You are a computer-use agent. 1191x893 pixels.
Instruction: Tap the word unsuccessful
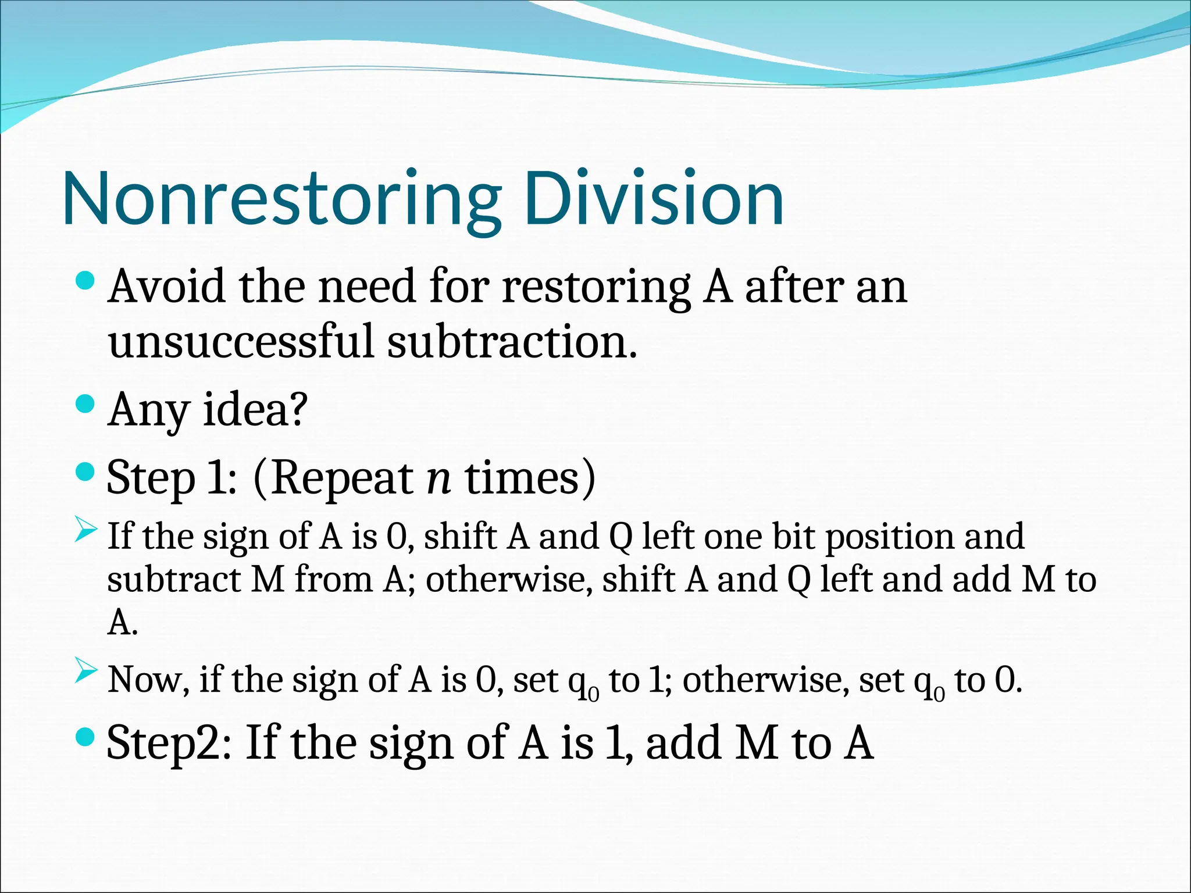pyautogui.click(x=241, y=341)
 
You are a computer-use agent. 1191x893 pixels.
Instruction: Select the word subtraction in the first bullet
pyautogui.click(x=512, y=341)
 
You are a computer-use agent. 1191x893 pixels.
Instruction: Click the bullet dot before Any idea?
pyautogui.click(x=85, y=404)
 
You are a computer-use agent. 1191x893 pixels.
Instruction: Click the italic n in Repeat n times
pyautogui.click(x=438, y=478)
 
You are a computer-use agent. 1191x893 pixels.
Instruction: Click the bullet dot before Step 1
pyautogui.click(x=85, y=471)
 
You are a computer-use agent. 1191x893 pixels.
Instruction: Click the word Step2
pyautogui.click(x=168, y=742)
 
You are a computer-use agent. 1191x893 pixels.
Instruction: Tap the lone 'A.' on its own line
pyautogui.click(x=122, y=623)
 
